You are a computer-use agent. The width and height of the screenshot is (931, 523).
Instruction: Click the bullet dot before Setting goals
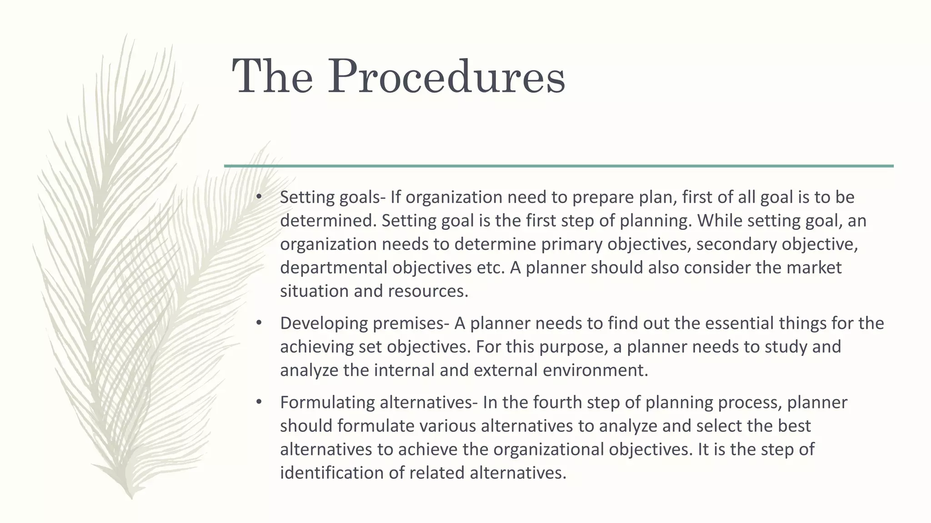259,197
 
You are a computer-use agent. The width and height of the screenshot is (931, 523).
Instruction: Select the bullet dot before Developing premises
259,323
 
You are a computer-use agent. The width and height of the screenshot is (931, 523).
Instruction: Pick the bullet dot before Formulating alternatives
259,402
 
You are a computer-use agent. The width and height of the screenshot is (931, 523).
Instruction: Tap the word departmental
334,268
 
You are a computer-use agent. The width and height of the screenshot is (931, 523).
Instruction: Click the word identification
331,473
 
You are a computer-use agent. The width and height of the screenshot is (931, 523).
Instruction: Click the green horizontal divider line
559,166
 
